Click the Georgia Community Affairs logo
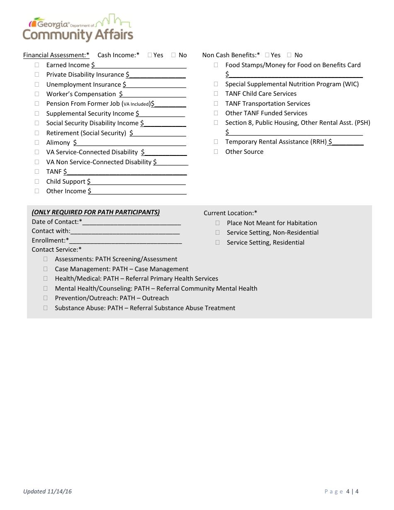pyautogui.click(x=78, y=28)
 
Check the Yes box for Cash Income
pyautogui.click(x=150, y=55)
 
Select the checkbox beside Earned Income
pyautogui.click(x=37, y=65)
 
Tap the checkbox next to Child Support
pyautogui.click(x=37, y=181)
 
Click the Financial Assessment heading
pyautogui.click(x=56, y=55)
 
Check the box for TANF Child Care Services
pyautogui.click(x=216, y=94)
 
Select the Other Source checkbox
pyautogui.click(x=216, y=151)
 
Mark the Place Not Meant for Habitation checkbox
pyautogui.click(x=218, y=223)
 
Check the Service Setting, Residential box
pyautogui.click(x=218, y=242)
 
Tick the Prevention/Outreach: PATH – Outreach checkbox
pyautogui.click(x=46, y=298)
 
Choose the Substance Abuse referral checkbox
pyautogui.click(x=46, y=308)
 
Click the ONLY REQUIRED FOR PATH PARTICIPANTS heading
pyautogui.click(x=96, y=212)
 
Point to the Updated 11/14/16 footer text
pyautogui.click(x=47, y=491)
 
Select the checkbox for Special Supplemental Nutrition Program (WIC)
pyautogui.click(x=216, y=84)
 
